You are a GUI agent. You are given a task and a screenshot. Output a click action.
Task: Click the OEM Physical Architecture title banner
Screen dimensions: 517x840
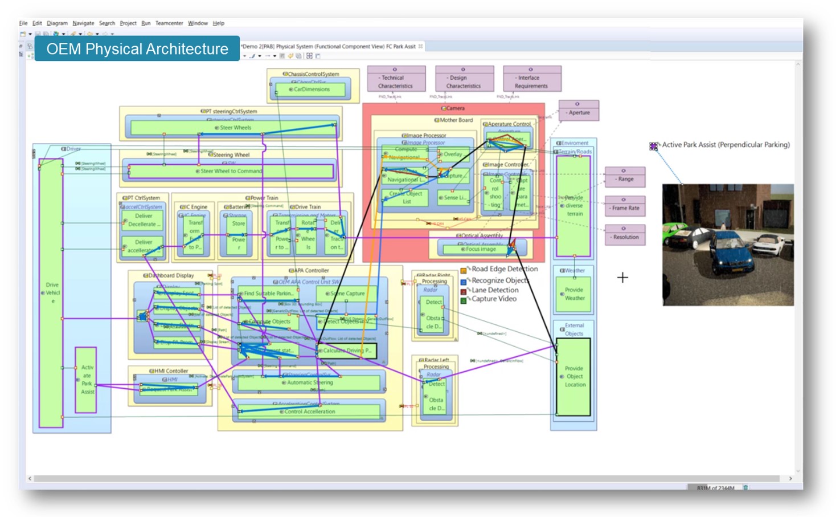137,49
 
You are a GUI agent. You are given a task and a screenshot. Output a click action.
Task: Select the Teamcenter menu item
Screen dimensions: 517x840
169,23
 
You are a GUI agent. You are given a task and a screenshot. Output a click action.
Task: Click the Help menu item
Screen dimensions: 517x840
219,23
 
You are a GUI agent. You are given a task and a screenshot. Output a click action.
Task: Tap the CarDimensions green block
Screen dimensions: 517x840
310,89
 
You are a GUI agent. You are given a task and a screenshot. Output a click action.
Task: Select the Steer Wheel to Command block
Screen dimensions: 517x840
231,171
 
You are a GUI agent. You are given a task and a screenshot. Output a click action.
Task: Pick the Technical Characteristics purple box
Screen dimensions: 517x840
396,79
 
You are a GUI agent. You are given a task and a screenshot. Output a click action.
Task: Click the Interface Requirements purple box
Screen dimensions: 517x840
532,79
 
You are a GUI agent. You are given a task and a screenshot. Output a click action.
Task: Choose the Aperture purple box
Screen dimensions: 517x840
579,110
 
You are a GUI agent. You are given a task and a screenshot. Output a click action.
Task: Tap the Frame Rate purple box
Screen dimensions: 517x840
625,206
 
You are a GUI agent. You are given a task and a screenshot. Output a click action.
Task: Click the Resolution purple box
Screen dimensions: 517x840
625,235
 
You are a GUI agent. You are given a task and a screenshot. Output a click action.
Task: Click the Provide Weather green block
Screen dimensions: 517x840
574,294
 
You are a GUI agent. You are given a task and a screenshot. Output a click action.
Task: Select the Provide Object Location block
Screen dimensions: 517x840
573,376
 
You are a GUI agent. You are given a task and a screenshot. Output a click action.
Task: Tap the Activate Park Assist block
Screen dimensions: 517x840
86,380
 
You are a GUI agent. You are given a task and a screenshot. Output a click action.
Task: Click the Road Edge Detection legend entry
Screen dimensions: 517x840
504,269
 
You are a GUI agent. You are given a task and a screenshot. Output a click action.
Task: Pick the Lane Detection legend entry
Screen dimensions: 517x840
494,290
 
